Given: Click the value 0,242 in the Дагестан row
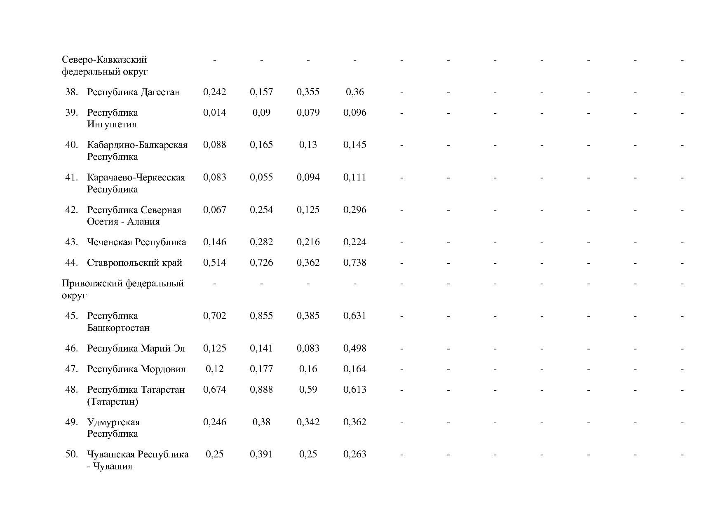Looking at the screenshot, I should [214, 92].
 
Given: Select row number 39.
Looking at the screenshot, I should [71, 113].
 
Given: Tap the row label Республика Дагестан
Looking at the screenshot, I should [134, 92].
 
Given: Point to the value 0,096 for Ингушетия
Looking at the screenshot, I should [354, 113].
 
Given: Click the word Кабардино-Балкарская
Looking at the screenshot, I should [137, 145].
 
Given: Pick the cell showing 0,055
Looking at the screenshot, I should [261, 177].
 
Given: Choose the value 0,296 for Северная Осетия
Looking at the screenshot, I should [354, 210].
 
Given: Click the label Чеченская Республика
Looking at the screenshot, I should [136, 242].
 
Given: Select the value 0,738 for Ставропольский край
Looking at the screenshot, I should [354, 263].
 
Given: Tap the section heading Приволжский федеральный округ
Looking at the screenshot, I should [122, 289].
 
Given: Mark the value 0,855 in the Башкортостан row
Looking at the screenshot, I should [261, 316].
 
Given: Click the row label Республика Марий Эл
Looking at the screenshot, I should [136, 348].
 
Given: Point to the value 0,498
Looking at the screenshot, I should [354, 348].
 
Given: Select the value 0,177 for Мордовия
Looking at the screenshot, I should [261, 369].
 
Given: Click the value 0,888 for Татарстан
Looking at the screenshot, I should [261, 389].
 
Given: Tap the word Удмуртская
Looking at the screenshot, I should [113, 422].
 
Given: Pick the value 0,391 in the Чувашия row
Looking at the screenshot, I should [261, 454].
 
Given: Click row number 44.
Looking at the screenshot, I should [71, 263].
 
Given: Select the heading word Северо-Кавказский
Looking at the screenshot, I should [104, 60].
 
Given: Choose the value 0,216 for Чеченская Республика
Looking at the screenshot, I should [308, 242].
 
